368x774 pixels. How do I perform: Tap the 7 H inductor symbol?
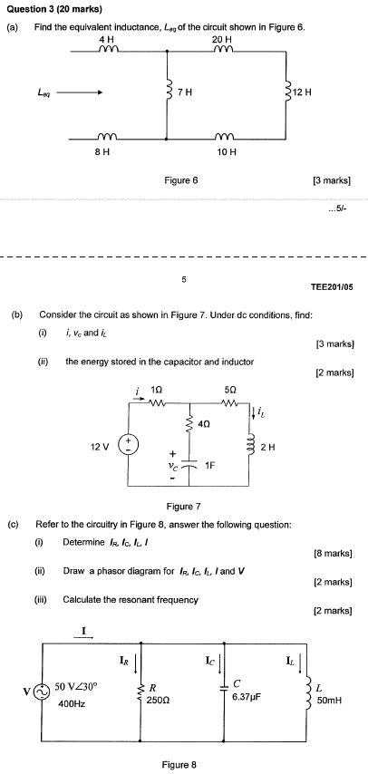tap(169, 92)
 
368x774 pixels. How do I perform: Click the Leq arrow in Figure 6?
tap(82, 92)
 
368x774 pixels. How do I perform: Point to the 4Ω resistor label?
tap(203, 422)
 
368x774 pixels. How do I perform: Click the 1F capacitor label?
tap(210, 465)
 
